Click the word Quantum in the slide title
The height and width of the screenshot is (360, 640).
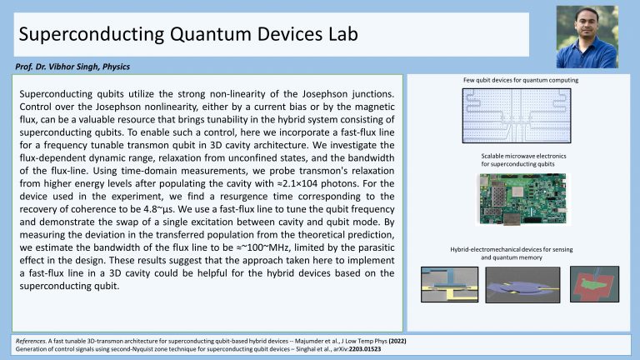tap(211, 34)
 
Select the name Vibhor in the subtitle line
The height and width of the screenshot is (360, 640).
tap(62, 67)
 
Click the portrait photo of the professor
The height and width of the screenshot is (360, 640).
tap(587, 37)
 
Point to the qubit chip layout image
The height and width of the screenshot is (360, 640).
tap(517, 116)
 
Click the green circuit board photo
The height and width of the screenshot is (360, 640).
tap(522, 199)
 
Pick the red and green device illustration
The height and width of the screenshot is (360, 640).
tap(594, 284)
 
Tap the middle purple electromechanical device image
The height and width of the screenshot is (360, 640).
tap(522, 285)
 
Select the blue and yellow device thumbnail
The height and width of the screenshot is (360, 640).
tap(449, 284)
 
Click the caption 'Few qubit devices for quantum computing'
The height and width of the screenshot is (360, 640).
tap(520, 80)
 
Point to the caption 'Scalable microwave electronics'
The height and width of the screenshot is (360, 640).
tap(523, 156)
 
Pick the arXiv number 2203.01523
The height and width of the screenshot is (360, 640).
tap(364, 349)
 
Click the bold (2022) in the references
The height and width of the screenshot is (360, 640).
tap(397, 341)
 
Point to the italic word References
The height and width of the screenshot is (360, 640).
tap(31, 341)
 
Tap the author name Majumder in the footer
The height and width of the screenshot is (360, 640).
tap(308, 341)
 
